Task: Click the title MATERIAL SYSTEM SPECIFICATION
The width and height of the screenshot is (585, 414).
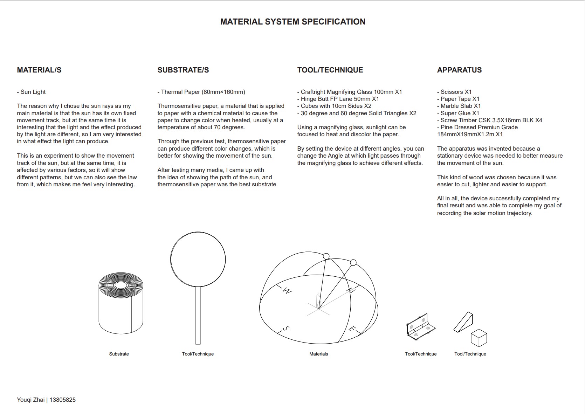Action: pyautogui.click(x=292, y=22)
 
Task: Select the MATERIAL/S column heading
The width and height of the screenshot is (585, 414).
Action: pyautogui.click(x=39, y=70)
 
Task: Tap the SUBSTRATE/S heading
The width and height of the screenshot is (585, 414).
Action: pyautogui.click(x=183, y=70)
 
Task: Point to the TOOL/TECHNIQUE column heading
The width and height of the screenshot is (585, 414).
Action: pyautogui.click(x=330, y=70)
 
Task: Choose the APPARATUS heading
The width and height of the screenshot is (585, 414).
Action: pyautogui.click(x=459, y=70)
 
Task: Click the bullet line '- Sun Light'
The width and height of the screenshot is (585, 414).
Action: pyautogui.click(x=32, y=92)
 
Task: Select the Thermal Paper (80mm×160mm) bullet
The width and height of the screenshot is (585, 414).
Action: pyautogui.click(x=201, y=92)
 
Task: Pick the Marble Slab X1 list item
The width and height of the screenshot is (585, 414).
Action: pyautogui.click(x=459, y=106)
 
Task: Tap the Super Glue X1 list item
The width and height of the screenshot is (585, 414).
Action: pyautogui.click(x=458, y=113)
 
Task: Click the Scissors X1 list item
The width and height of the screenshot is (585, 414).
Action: pyautogui.click(x=454, y=92)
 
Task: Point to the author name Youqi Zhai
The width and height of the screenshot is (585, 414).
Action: pyautogui.click(x=31, y=400)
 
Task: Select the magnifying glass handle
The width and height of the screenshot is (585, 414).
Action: pyautogui.click(x=198, y=315)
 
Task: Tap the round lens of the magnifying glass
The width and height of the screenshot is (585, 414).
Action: pyautogui.click(x=198, y=259)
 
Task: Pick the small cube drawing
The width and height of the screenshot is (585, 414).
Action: pyautogui.click(x=479, y=337)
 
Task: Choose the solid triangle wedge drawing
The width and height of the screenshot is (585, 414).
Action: pyautogui.click(x=463, y=322)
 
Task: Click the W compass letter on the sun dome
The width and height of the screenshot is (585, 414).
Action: pyautogui.click(x=287, y=291)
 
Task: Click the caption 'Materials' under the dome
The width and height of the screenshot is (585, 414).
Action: pyautogui.click(x=318, y=354)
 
